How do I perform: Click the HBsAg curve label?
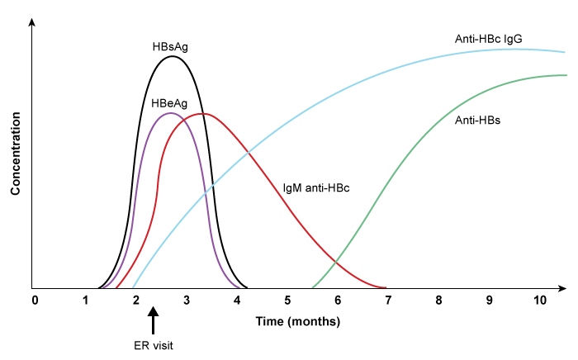[170, 46]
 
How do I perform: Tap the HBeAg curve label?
[169, 103]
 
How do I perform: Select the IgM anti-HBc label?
[316, 188]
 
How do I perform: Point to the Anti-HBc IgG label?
[488, 39]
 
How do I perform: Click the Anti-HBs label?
[478, 120]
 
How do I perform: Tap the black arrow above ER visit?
[153, 320]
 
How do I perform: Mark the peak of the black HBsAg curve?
[172, 56]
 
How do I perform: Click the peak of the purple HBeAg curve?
[169, 112]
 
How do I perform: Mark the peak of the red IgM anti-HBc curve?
[203, 113]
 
